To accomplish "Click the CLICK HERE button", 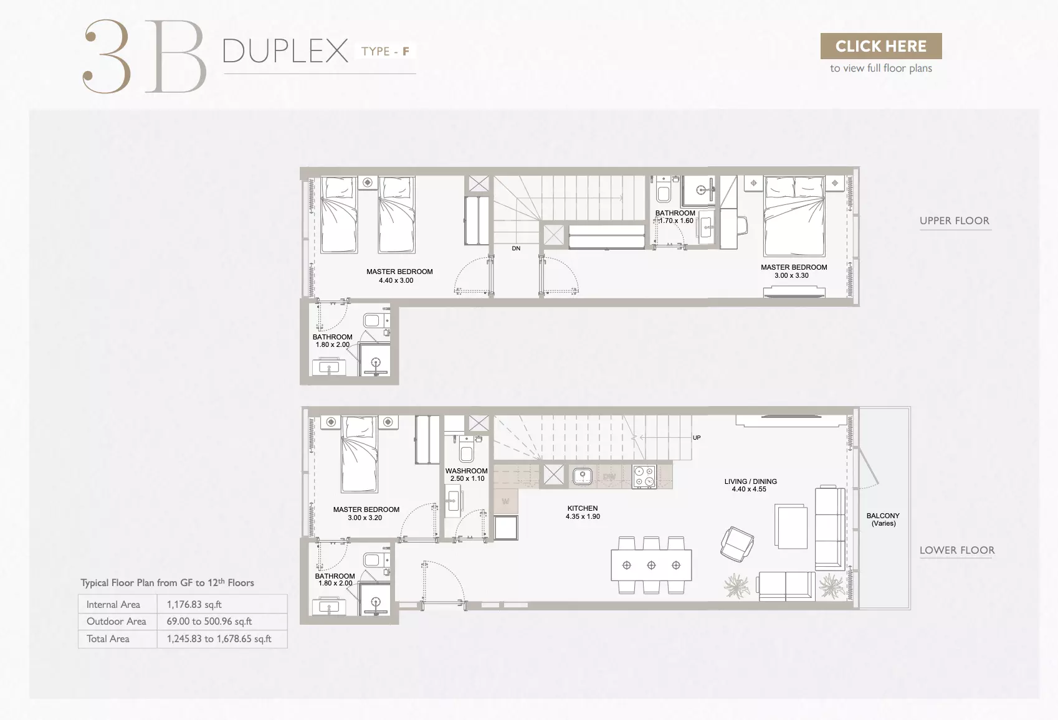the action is tap(881, 46).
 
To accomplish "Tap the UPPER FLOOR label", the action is tap(954, 220).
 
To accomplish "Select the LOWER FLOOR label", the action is tap(957, 550).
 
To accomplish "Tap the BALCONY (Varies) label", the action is tap(883, 519).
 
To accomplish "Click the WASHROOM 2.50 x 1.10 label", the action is tap(466, 475).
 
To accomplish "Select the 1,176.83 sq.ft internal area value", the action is tap(194, 604).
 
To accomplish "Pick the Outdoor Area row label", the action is tap(116, 622).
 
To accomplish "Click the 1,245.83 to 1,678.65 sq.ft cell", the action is tap(219, 639).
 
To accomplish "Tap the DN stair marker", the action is tap(516, 249).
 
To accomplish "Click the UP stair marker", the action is tap(697, 438).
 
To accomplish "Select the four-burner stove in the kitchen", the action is tap(644, 476).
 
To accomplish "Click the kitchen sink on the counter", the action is tap(583, 476).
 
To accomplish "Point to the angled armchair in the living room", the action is tap(737, 544).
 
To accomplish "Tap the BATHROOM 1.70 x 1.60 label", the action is tap(675, 217).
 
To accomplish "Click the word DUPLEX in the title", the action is tap(285, 50).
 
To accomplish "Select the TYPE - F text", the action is tap(386, 51).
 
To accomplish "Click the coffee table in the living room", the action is tap(791, 526).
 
